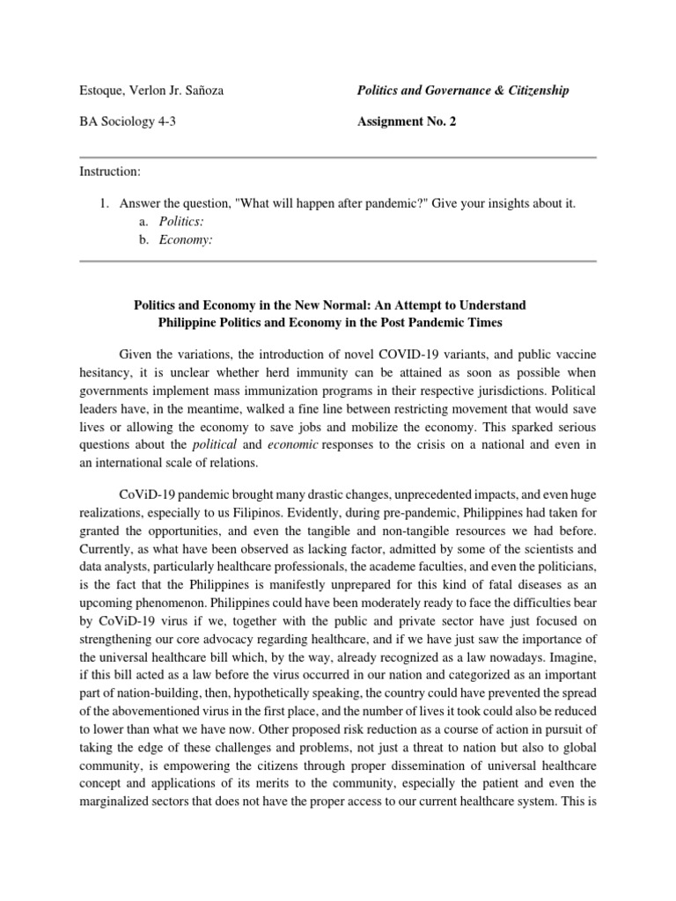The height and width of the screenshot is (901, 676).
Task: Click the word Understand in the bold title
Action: pyautogui.click(x=494, y=304)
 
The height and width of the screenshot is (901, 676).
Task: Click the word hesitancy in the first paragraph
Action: pyautogui.click(x=106, y=372)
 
